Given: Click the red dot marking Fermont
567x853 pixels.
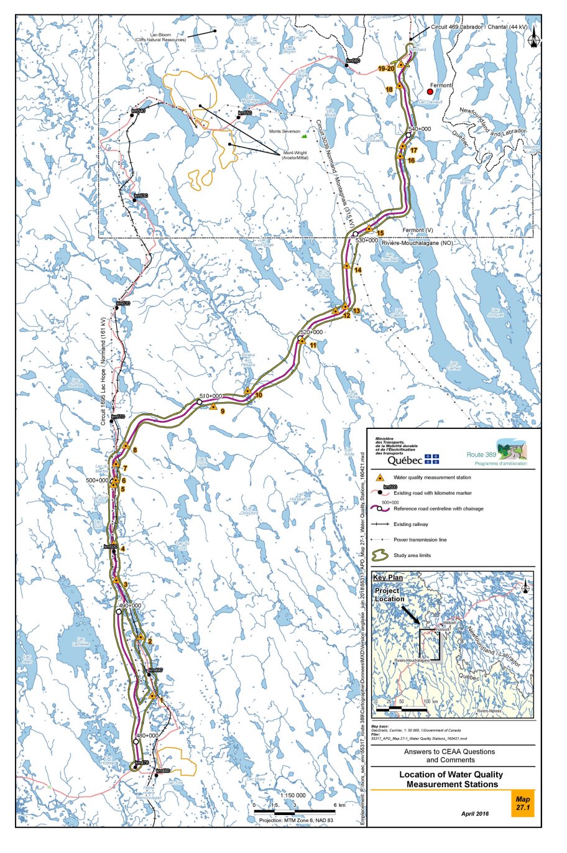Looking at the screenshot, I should pos(430,91).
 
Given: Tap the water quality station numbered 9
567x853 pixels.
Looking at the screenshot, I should pos(213,407).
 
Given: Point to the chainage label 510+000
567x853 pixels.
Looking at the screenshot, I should pos(211,396).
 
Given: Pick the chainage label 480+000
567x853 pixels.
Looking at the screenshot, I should pos(147,735).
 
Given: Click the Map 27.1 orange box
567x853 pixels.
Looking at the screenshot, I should pos(522,803).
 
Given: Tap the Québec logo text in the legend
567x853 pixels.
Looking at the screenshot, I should pos(405,461).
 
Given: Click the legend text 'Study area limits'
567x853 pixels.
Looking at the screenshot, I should pos(420,555).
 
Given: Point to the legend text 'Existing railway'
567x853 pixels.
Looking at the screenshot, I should pos(410,524).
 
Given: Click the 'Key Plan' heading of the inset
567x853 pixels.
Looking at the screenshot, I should pos(387,578).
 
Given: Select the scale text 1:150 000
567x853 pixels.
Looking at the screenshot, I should pos(292,795).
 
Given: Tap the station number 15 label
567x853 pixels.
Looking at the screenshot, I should pos(380,233).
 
